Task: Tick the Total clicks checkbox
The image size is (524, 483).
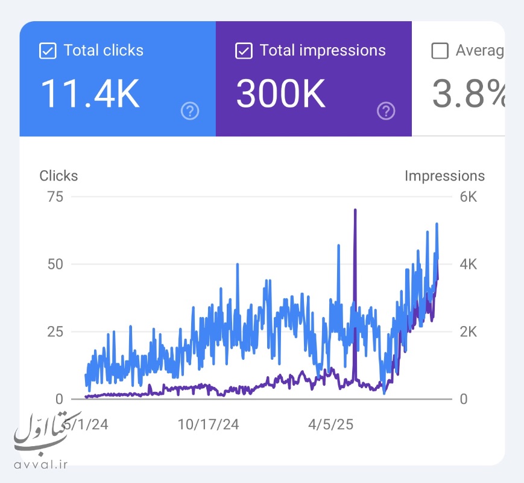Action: point(48,51)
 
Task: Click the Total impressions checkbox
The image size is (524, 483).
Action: point(244,51)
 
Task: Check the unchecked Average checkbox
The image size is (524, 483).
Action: point(440,51)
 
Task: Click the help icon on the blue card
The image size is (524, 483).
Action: point(190,110)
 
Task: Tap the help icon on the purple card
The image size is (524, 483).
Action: point(386,110)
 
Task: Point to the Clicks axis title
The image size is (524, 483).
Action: point(58,176)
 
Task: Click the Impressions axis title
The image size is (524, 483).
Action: point(444,176)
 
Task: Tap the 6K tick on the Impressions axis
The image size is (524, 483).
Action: point(468,197)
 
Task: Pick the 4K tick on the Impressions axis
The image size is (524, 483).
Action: point(468,264)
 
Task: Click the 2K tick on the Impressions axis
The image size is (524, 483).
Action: point(468,331)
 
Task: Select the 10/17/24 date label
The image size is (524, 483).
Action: point(208,424)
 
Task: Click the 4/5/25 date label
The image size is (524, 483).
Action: point(330,424)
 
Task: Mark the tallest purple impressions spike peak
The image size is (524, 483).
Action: point(355,211)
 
